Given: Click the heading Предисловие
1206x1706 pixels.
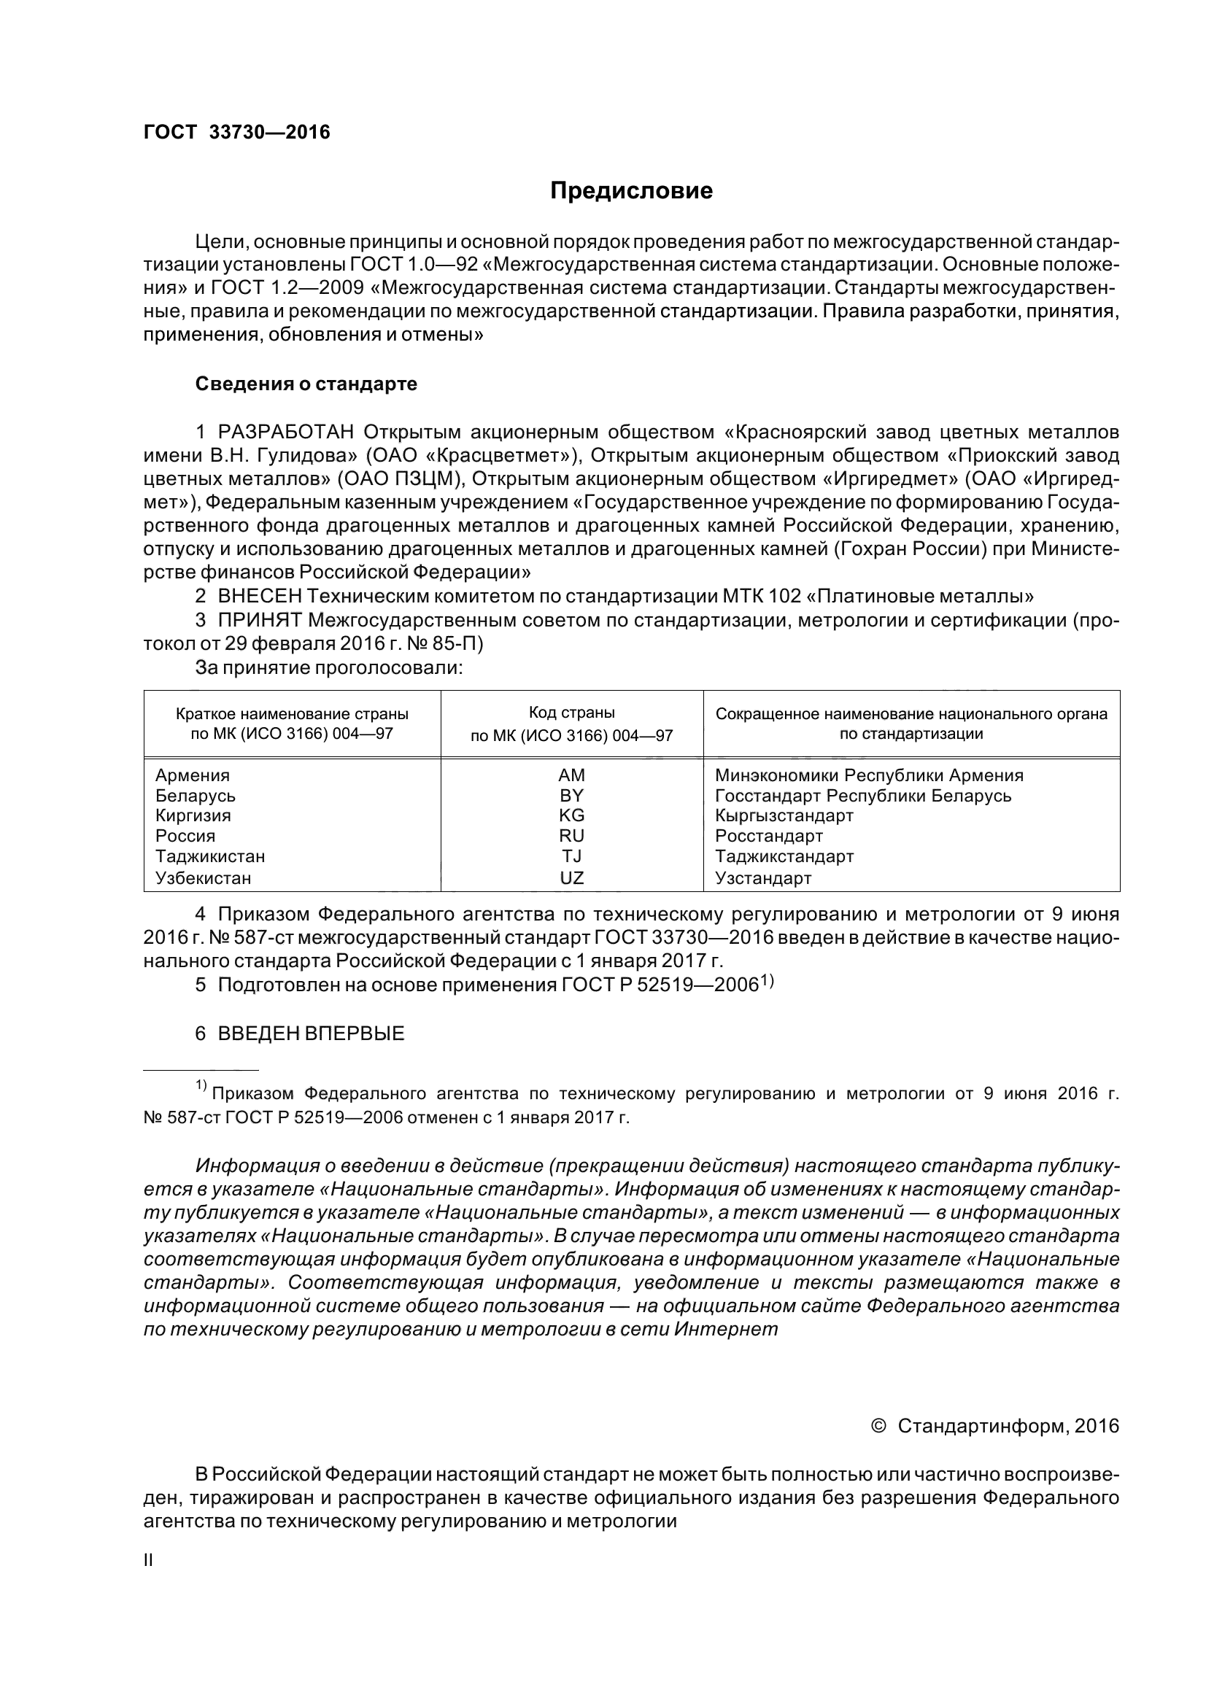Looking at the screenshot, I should (631, 191).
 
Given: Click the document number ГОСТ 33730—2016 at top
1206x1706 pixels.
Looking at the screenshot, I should (236, 132).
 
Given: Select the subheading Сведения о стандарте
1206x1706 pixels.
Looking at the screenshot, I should (306, 384).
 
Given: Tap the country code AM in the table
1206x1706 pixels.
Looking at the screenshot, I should (571, 775).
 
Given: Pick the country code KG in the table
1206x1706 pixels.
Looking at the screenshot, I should (571, 815).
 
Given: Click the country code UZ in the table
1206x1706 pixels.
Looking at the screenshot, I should (571, 877).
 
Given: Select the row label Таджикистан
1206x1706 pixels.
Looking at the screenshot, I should (209, 856).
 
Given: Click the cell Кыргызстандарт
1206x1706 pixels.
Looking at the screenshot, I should (784, 815).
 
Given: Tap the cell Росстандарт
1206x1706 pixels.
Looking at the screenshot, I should (769, 836).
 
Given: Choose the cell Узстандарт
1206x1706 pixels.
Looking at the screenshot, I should (763, 877).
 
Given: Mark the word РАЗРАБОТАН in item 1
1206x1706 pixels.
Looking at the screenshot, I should (286, 432).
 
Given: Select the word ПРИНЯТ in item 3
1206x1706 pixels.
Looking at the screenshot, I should (259, 620).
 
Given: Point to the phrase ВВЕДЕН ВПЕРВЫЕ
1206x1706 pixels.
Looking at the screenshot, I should (311, 1033).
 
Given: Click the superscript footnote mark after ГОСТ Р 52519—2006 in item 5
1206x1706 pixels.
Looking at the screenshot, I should (767, 981).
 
